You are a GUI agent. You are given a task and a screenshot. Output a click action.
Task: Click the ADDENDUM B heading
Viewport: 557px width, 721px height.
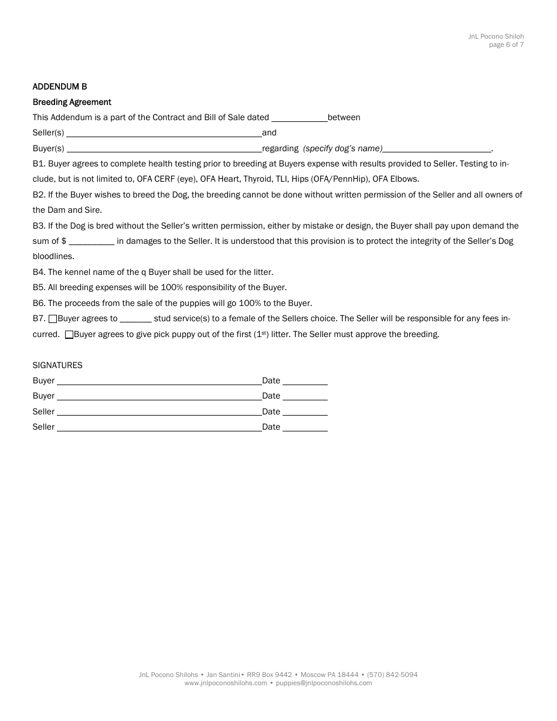pos(60,87)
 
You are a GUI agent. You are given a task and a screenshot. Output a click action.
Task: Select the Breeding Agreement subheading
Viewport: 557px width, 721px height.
pos(72,102)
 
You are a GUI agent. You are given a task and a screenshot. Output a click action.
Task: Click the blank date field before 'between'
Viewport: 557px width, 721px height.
pos(299,118)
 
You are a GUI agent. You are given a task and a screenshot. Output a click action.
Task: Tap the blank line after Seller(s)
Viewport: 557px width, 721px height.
pos(164,133)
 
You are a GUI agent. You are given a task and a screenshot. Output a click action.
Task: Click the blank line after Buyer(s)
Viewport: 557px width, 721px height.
pos(164,149)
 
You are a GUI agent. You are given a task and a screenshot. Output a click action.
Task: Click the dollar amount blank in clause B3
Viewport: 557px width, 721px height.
pos(91,242)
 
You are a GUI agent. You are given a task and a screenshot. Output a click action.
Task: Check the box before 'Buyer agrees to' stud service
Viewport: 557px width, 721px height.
pos(53,319)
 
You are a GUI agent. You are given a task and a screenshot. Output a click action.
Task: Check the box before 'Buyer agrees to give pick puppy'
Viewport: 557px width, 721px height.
pos(69,335)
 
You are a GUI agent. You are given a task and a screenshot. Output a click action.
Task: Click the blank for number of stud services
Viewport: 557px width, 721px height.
pos(135,319)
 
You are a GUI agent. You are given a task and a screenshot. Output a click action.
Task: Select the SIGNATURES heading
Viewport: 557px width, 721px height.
pos(57,365)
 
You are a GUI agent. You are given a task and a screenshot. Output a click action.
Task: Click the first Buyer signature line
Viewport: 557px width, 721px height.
pos(159,381)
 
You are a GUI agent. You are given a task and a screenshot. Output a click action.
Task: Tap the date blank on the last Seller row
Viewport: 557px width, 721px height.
pos(305,427)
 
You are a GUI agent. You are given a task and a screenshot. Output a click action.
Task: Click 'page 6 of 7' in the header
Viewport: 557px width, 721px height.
pos(507,45)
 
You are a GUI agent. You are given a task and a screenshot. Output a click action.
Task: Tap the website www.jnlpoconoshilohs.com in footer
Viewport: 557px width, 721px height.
pos(226,683)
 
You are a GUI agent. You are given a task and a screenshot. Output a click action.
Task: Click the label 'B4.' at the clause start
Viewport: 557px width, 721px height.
pos(39,272)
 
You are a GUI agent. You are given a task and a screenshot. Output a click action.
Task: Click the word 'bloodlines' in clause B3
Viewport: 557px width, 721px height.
pos(52,257)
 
